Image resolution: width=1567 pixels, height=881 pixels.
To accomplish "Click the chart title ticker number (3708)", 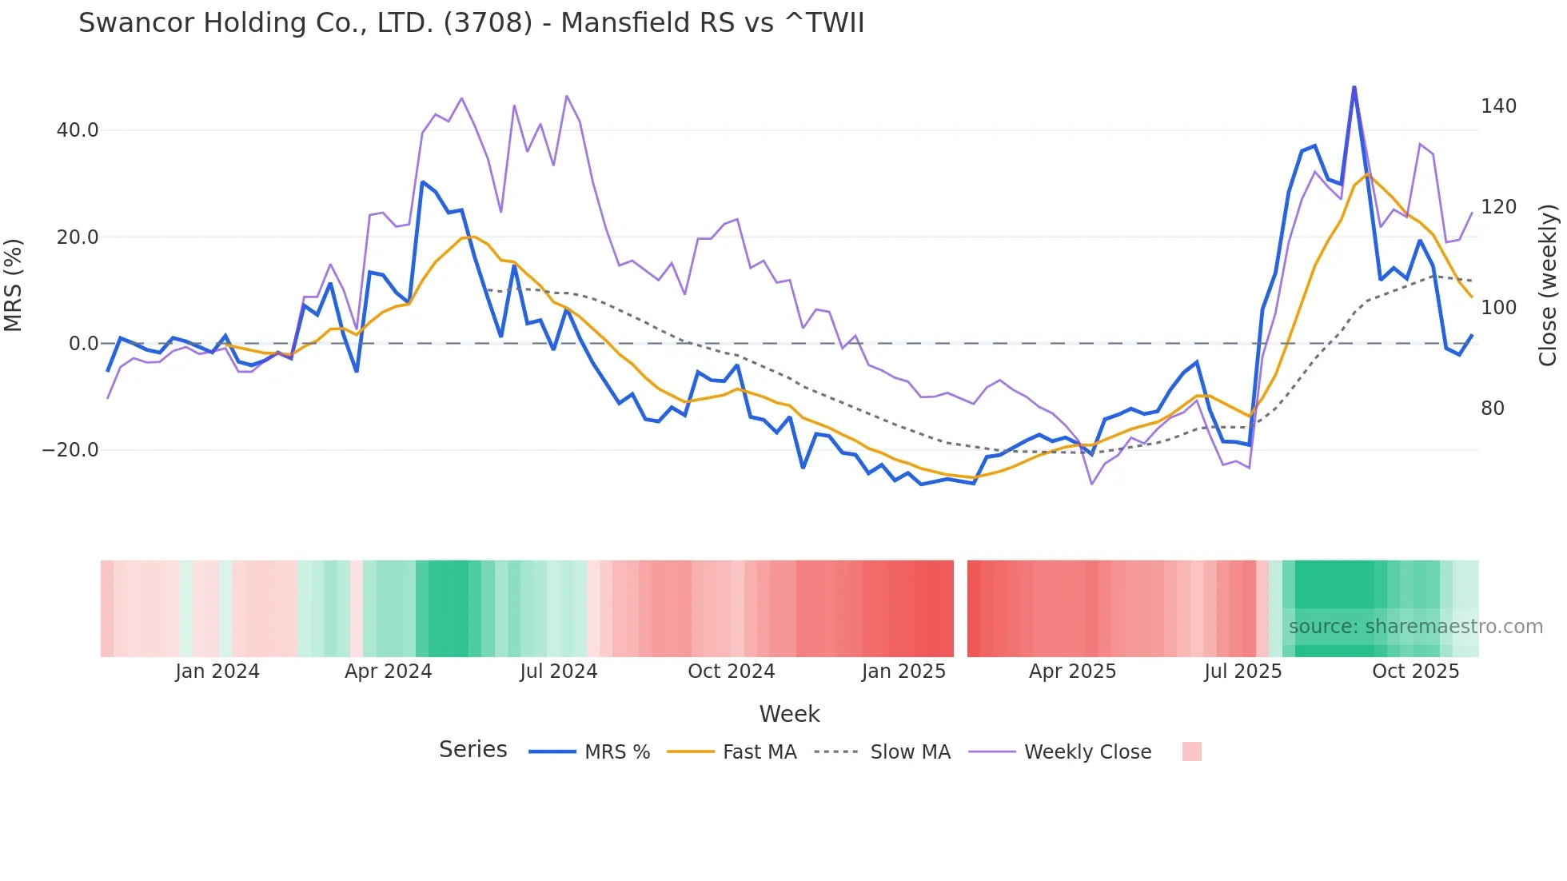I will pyautogui.click(x=487, y=23).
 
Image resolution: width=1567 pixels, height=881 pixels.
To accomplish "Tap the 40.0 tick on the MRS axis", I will pyautogui.click(x=78, y=130).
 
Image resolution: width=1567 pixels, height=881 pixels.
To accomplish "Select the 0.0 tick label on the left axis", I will pyautogui.click(x=83, y=344).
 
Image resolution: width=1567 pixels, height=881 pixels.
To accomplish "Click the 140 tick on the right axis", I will pyautogui.click(x=1498, y=106).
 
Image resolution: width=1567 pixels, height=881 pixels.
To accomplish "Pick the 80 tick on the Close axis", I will pyautogui.click(x=1492, y=409).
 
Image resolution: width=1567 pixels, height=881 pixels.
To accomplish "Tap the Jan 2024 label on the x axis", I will pyautogui.click(x=217, y=672).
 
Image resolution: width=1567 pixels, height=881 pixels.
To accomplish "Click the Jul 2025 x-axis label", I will pyautogui.click(x=1242, y=672).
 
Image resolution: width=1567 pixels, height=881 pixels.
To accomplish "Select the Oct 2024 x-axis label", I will pyautogui.click(x=731, y=672).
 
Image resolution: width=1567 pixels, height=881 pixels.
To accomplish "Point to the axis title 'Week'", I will pyautogui.click(x=789, y=714).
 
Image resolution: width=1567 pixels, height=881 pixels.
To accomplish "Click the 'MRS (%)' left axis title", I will pyautogui.click(x=14, y=285).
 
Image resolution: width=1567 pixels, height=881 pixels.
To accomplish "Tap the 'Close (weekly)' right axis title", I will pyautogui.click(x=1548, y=285).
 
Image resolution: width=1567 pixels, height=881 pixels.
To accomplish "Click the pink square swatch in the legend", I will pyautogui.click(x=1191, y=751).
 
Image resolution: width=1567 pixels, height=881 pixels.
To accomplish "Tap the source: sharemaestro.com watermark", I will pyautogui.click(x=1415, y=627).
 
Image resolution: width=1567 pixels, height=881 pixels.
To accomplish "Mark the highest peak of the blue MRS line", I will pyautogui.click(x=1354, y=87).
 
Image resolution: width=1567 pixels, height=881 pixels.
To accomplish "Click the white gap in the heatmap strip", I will pyautogui.click(x=960, y=608).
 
